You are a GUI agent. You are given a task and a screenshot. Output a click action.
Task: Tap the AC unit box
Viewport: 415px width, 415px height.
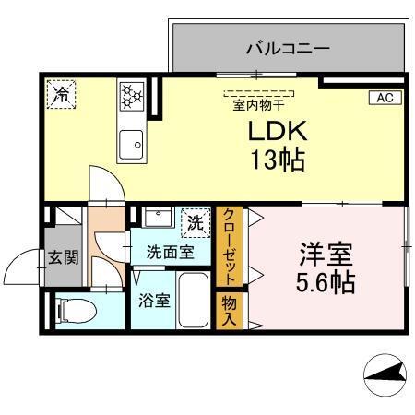pyautogui.click(x=385, y=96)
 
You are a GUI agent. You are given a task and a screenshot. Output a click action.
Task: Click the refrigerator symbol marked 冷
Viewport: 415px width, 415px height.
pyautogui.click(x=63, y=93)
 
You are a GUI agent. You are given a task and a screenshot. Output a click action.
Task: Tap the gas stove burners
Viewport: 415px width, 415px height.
pyautogui.click(x=130, y=96)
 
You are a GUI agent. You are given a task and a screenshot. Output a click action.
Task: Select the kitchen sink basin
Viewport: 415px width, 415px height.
pyautogui.click(x=130, y=145)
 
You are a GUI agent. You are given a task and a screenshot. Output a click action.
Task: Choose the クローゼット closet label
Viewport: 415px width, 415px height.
pyautogui.click(x=227, y=246)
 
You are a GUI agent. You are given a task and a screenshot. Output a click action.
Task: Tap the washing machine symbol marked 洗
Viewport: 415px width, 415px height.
pyautogui.click(x=195, y=221)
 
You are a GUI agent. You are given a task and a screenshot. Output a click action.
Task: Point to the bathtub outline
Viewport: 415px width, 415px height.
pyautogui.click(x=194, y=300)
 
